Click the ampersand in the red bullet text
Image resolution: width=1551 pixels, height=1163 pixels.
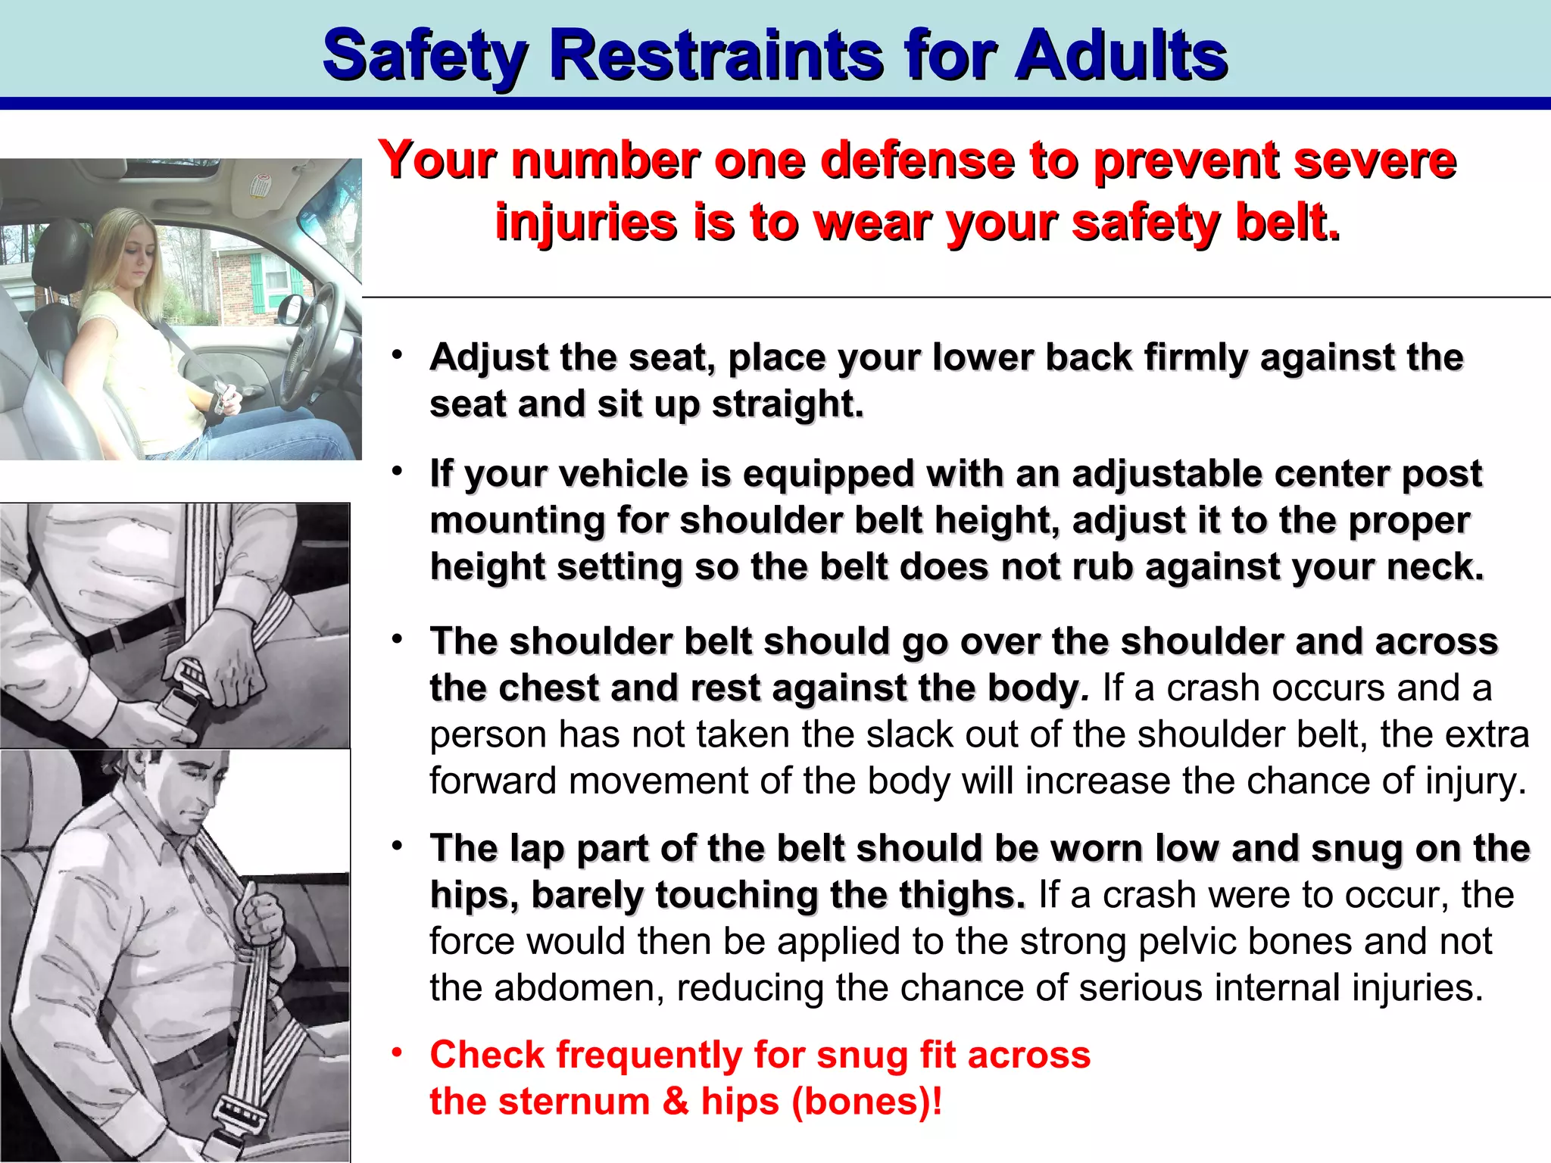pyautogui.click(x=676, y=1102)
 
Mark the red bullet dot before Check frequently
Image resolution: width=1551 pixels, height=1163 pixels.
pyautogui.click(x=398, y=1052)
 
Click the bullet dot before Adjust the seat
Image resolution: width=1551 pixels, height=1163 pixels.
pyautogui.click(x=398, y=354)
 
